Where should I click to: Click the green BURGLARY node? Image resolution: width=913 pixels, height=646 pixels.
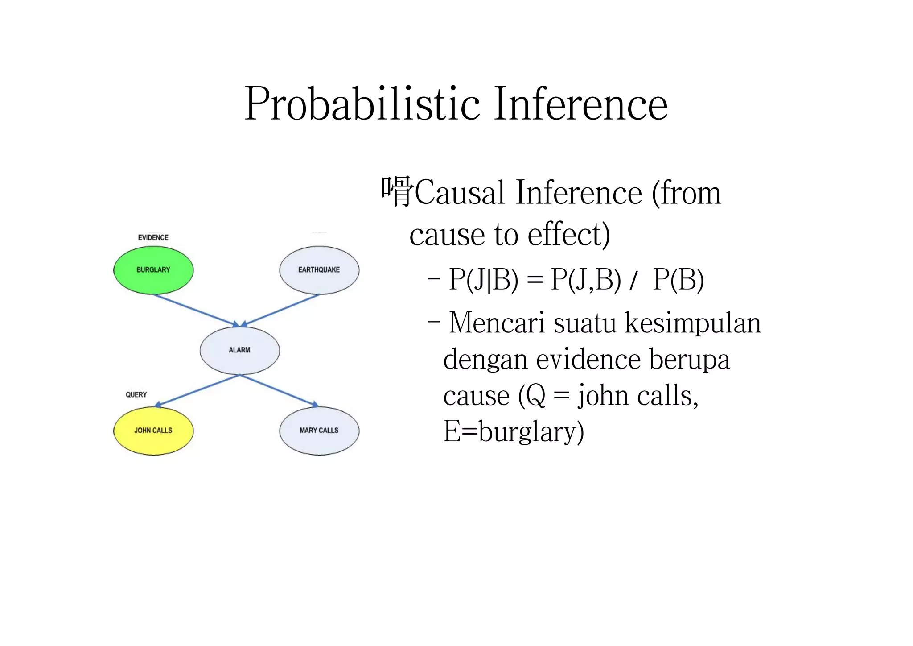click(153, 270)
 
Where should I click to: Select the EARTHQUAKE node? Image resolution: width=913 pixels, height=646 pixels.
click(319, 270)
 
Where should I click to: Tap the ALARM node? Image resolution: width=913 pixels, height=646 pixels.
click(240, 350)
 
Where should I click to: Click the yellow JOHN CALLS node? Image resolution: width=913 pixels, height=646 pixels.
click(153, 431)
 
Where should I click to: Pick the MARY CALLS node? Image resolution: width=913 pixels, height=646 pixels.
click(319, 431)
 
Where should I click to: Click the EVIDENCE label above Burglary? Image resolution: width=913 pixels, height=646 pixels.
click(153, 237)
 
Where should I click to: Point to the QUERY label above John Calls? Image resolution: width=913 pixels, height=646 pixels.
click(136, 394)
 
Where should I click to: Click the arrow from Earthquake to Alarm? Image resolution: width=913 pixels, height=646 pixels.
click(281, 310)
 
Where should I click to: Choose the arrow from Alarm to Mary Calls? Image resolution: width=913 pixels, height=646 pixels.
click(279, 390)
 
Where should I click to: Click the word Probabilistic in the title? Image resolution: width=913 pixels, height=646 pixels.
click(362, 104)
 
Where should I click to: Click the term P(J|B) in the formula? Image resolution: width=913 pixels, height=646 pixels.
click(483, 280)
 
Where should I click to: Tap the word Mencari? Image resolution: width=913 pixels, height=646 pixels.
click(497, 323)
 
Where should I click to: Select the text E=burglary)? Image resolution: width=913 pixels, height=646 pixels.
click(513, 431)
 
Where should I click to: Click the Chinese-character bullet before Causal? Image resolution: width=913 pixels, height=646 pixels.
click(397, 192)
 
